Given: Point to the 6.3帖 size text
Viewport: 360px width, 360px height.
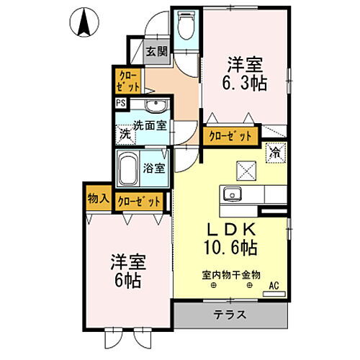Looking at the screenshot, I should (x=246, y=84).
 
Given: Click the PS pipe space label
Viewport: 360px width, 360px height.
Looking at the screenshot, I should (x=120, y=102).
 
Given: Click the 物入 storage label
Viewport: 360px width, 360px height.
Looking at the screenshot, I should (x=98, y=198).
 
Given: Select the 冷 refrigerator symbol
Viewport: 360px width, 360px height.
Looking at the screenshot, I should (x=276, y=152).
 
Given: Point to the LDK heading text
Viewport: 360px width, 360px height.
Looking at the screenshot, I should (x=230, y=230).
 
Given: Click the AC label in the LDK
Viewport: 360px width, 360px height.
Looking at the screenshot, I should (x=274, y=286).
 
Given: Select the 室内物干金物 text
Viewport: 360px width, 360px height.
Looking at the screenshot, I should (x=230, y=274).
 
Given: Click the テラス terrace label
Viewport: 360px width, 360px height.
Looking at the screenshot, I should (x=230, y=314).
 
